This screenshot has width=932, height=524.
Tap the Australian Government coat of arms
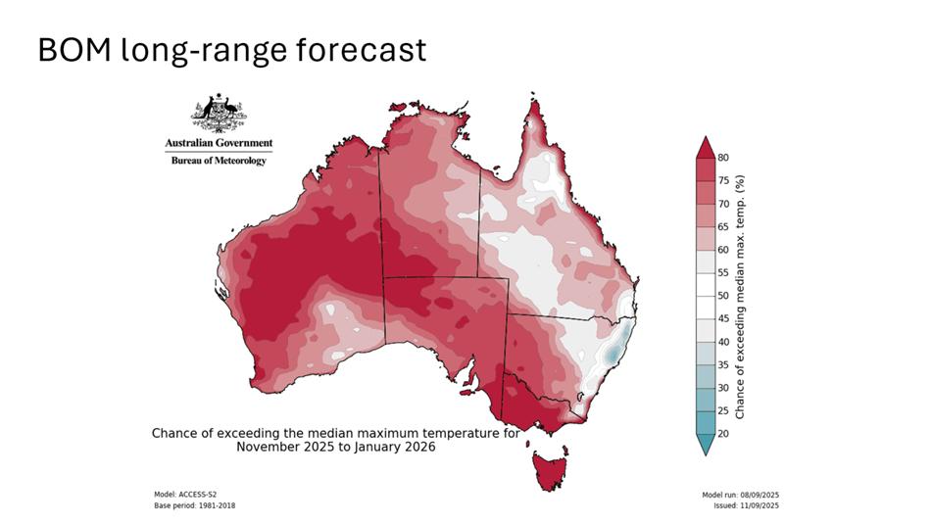click(219, 115)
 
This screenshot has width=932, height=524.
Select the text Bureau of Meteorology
click(219, 162)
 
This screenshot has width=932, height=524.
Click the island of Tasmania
click(552, 471)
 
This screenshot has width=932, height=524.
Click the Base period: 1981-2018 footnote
click(195, 505)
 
